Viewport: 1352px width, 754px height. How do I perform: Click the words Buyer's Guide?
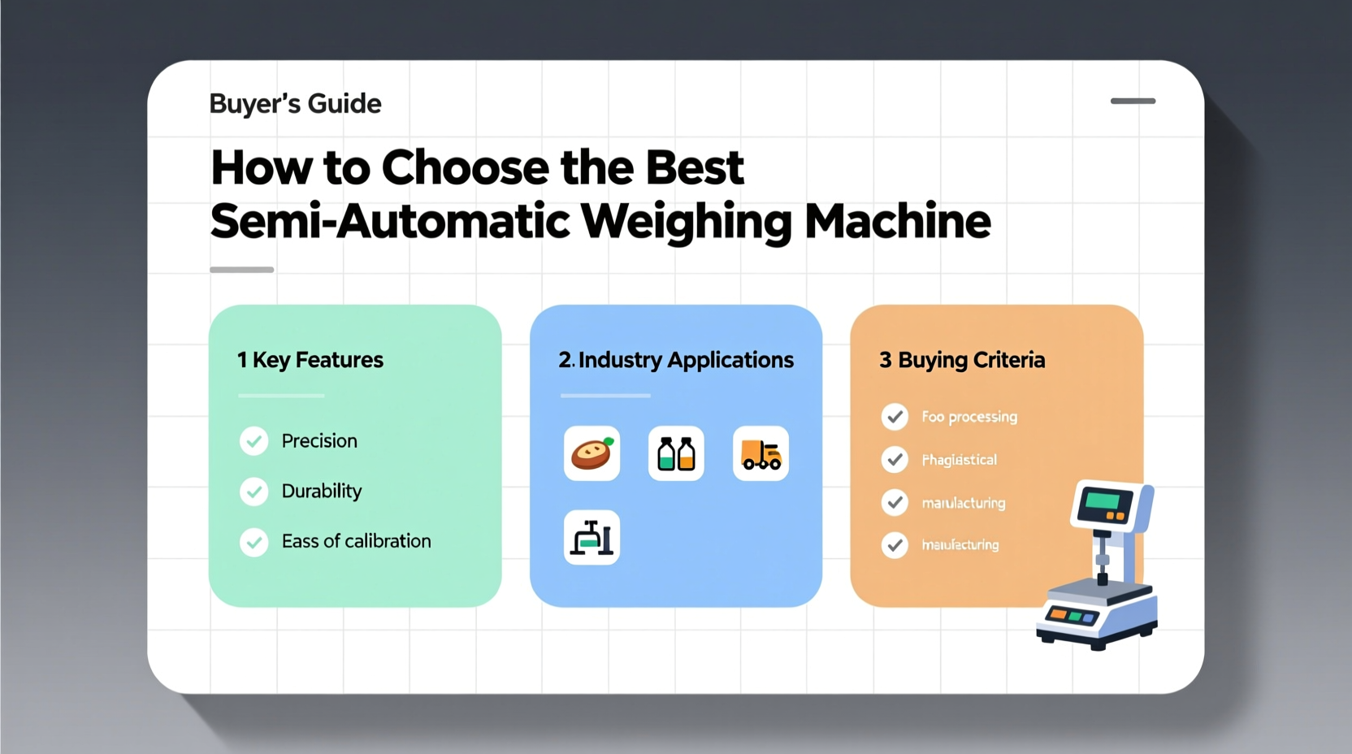pos(295,104)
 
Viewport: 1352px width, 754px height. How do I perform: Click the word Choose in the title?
pos(465,167)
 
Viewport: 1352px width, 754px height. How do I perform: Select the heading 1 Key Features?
pos(310,360)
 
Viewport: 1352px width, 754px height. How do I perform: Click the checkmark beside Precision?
pos(254,441)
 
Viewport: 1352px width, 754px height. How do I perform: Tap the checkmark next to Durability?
pos(254,492)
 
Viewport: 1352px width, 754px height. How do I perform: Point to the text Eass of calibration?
pos(356,541)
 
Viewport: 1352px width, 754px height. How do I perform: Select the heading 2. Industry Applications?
pos(675,360)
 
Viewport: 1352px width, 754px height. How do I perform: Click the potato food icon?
pos(591,453)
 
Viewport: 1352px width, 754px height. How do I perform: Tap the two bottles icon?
pos(676,453)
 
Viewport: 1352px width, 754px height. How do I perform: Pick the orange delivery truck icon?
pos(760,453)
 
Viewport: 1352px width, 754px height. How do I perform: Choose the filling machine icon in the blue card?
pos(591,538)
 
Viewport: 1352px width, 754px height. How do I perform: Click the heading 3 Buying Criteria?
pos(962,360)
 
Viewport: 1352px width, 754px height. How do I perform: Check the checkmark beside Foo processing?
pos(895,417)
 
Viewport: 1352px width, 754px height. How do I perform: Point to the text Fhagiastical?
pos(959,460)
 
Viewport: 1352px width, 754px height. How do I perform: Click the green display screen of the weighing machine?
pos(1103,500)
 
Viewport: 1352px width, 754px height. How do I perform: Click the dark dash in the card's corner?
pos(1133,102)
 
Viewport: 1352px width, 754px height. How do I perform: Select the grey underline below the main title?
pos(241,270)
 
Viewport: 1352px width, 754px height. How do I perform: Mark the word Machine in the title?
pos(898,221)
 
